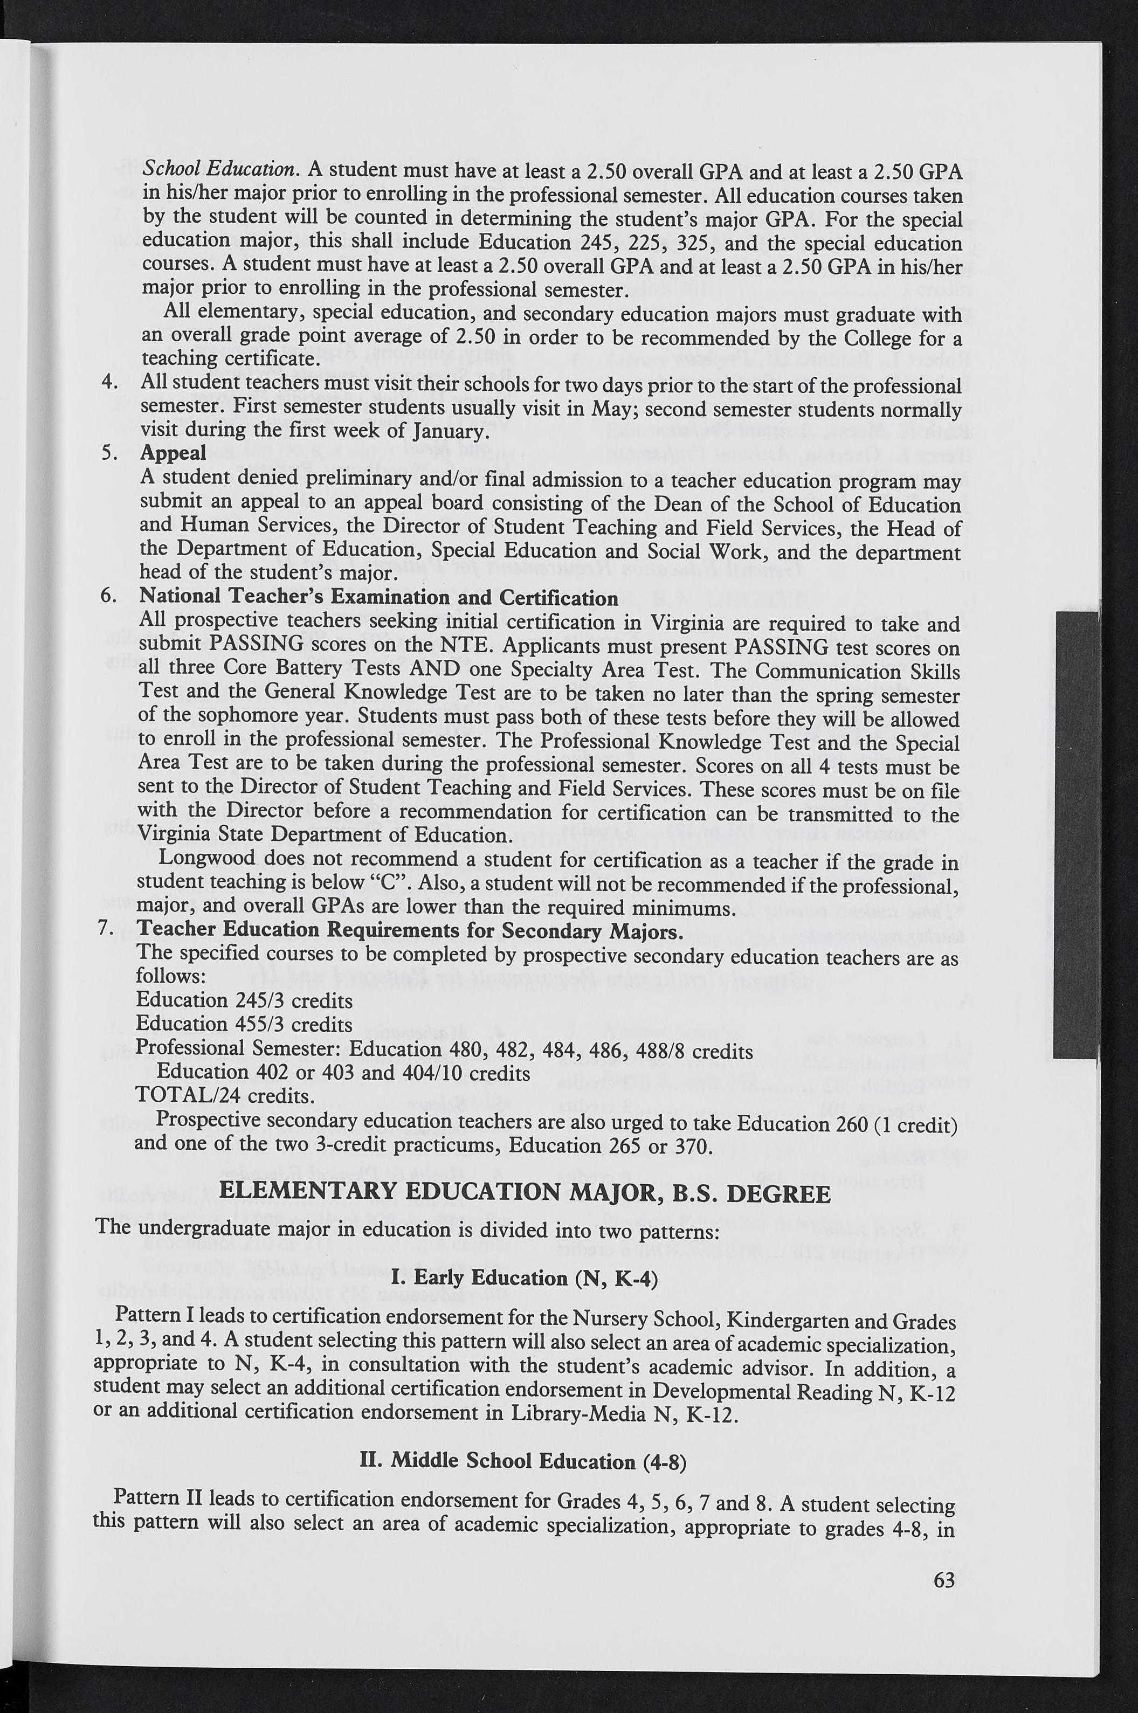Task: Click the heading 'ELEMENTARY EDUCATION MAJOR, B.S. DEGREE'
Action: (524, 1193)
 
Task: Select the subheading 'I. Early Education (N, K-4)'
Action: (524, 1277)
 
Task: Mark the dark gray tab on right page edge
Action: (1077, 834)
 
